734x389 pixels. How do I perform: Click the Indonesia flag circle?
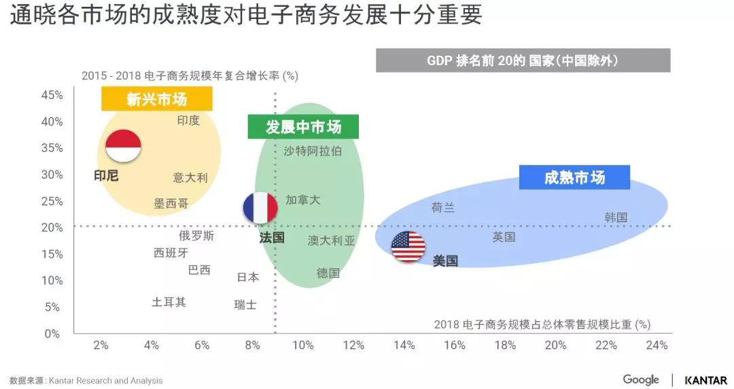[123, 146]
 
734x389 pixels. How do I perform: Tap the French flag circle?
[260, 208]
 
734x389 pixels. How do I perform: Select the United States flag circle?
[408, 246]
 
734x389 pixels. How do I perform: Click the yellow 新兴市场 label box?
[157, 99]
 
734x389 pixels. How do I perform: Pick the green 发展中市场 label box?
[303, 126]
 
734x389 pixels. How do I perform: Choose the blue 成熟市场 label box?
[574, 178]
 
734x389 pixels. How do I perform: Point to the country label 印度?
[188, 120]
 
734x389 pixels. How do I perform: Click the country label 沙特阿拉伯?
[313, 151]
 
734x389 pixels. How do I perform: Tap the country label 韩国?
[616, 217]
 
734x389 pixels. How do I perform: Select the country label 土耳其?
[169, 302]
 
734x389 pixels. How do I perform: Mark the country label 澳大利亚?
[331, 240]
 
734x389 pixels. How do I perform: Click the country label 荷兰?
[443, 208]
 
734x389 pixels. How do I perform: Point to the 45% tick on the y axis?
[52, 95]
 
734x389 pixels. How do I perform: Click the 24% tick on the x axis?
[657, 345]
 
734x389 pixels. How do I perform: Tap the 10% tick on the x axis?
[302, 345]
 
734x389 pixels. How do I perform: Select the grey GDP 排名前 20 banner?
[523, 60]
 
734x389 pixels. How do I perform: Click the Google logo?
[641, 379]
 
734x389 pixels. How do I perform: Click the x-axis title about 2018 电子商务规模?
[542, 325]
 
